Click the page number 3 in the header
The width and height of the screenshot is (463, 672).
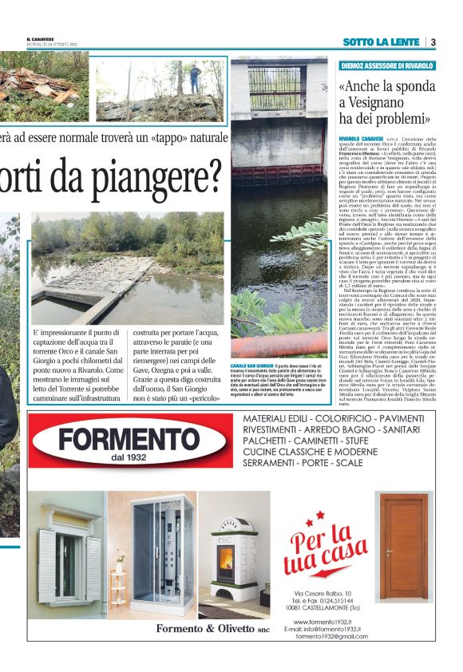[432, 42]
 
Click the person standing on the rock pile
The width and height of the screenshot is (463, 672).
[195, 78]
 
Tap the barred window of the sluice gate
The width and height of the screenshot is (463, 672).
[276, 89]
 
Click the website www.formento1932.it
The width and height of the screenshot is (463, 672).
[334, 621]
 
